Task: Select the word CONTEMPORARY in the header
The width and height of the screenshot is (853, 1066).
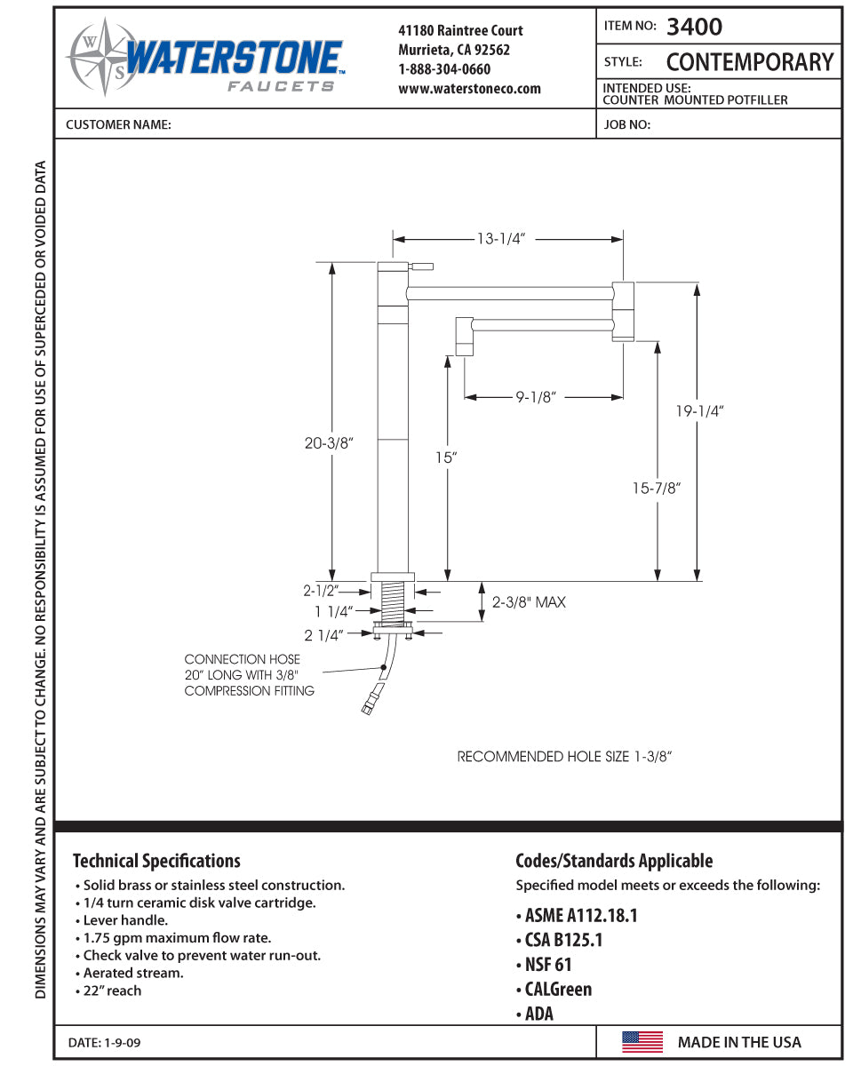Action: point(749,62)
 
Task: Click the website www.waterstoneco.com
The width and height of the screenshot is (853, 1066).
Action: point(469,89)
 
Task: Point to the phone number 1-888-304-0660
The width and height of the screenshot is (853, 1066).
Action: point(444,69)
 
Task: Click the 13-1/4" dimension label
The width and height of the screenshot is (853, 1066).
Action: point(501,239)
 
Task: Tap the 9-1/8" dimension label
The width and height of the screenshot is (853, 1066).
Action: point(535,397)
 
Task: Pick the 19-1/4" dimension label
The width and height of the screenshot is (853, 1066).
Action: point(699,411)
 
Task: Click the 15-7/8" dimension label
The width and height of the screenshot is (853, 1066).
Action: point(658,488)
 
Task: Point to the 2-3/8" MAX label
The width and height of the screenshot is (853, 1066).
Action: point(529,602)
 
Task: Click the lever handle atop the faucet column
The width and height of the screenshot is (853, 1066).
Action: point(419,266)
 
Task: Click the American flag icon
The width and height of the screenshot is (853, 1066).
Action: point(642,1042)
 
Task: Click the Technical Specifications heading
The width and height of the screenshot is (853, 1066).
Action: point(156,861)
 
